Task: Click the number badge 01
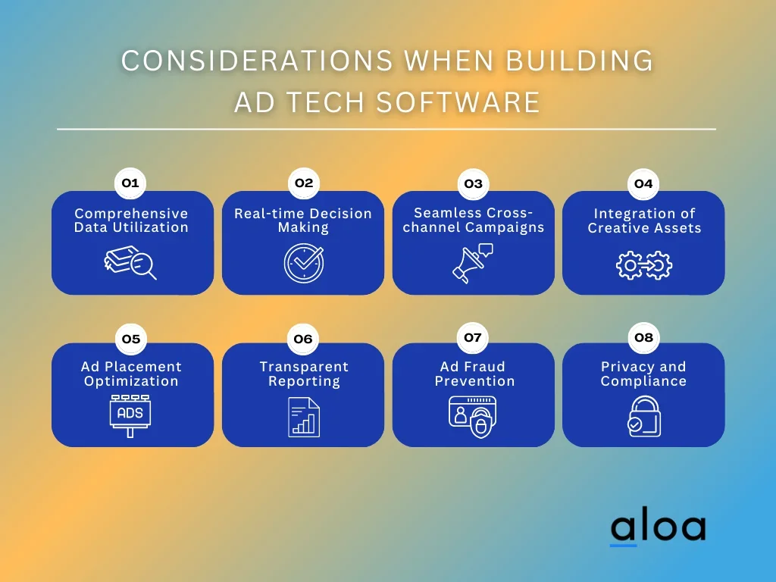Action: (130, 183)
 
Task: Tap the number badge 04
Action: (643, 183)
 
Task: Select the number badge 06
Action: (303, 339)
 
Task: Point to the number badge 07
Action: (473, 337)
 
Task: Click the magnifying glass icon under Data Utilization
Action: (130, 262)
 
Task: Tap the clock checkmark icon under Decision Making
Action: (304, 263)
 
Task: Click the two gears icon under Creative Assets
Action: (644, 265)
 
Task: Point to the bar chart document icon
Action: (304, 418)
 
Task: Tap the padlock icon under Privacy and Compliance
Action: (644, 416)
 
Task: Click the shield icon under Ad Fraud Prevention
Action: (480, 423)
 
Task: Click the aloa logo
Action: (659, 527)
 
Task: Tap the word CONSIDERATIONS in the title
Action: (257, 61)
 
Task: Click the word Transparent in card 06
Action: (304, 367)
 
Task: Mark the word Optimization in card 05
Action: (131, 382)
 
